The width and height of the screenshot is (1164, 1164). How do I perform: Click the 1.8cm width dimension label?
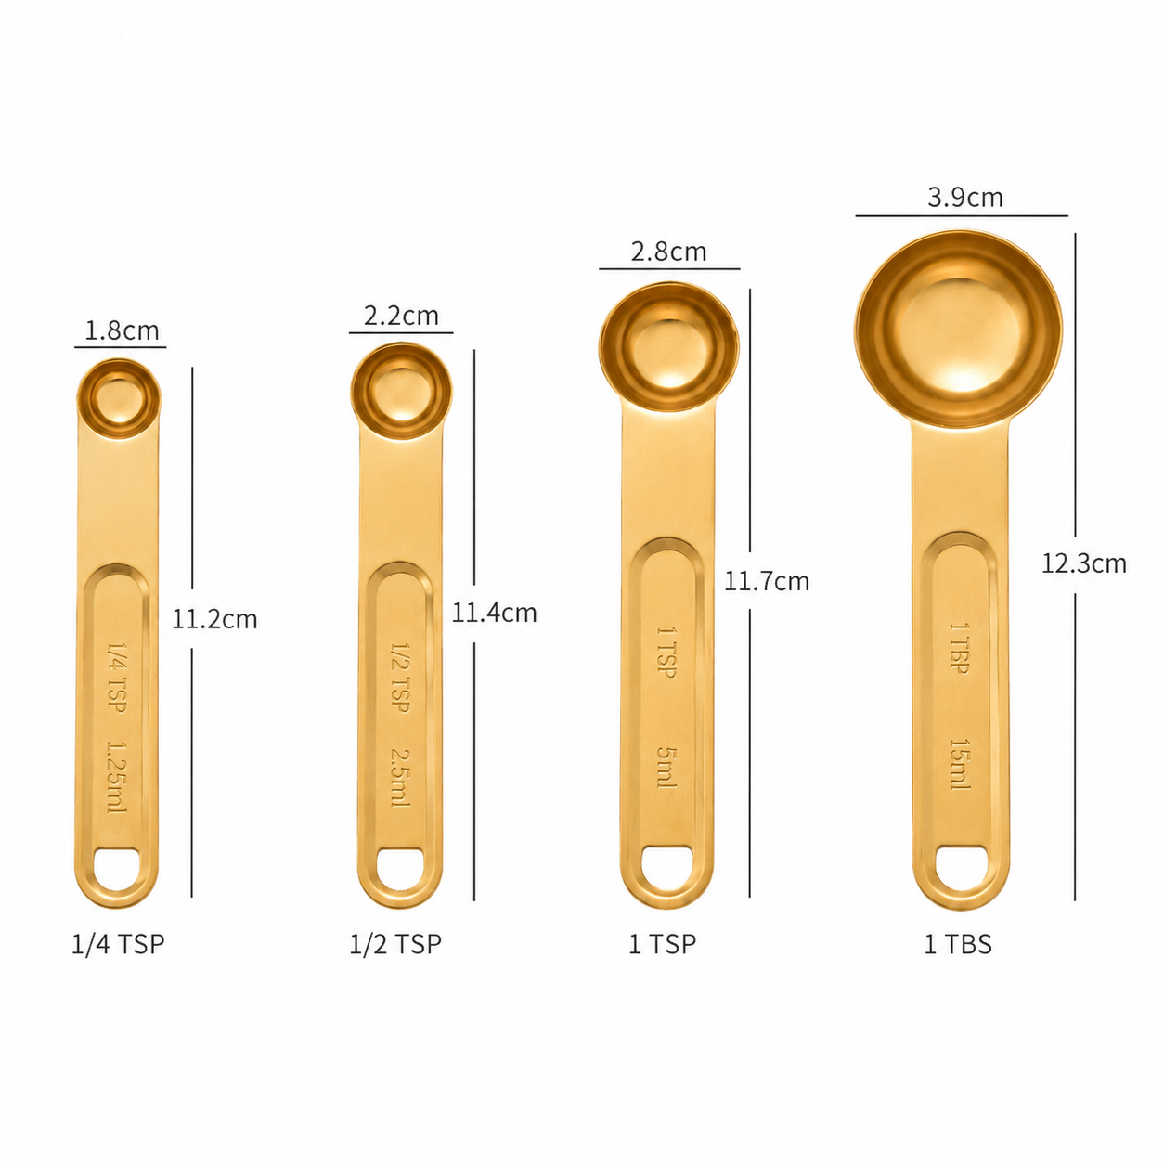tap(122, 330)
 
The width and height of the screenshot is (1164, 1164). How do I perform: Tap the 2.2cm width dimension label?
tap(401, 316)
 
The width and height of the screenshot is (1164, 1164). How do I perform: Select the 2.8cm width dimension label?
tap(668, 252)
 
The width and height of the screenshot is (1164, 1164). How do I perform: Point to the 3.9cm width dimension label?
tap(965, 198)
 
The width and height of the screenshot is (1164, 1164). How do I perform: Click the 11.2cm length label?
tap(214, 620)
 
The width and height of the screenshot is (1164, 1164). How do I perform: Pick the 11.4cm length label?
tap(494, 614)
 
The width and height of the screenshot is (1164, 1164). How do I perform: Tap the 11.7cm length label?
tap(767, 581)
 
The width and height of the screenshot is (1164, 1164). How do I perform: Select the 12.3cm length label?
tap(1083, 563)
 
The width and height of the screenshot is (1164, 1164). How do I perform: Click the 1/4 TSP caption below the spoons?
tap(118, 943)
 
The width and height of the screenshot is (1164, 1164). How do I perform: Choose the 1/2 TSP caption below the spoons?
tap(395, 943)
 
